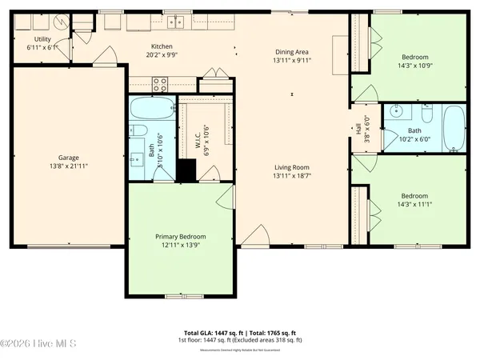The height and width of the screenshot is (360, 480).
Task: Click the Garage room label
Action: coord(67,158)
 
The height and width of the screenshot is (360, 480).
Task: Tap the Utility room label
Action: coord(42,39)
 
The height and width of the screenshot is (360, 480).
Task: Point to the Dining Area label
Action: coord(293,51)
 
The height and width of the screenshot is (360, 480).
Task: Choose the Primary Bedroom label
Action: coord(180,237)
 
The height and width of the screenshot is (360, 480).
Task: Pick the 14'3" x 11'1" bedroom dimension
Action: coord(414,205)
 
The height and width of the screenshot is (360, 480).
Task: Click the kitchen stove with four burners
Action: coord(159,83)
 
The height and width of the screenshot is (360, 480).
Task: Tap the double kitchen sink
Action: coord(175,22)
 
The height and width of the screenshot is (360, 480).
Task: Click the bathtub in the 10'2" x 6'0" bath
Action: coord(453,128)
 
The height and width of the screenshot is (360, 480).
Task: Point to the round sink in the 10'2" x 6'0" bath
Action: coord(394,112)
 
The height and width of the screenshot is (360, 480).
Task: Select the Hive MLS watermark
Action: coord(38,345)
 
